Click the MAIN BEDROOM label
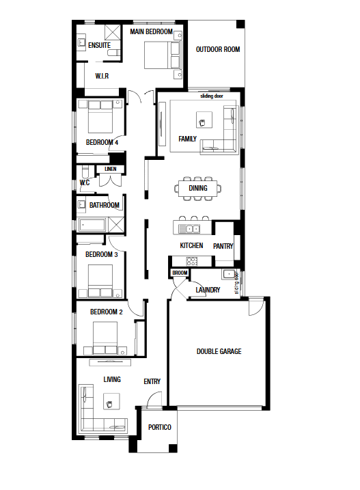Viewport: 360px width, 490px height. coord(151,31)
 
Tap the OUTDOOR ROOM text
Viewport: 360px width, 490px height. coord(218,49)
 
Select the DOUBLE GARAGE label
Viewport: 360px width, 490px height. coord(219,351)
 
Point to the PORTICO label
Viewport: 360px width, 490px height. coord(160,427)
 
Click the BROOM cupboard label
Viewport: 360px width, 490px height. coord(180,273)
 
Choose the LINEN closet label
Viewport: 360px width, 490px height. coord(110,169)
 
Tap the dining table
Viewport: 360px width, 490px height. coord(198,188)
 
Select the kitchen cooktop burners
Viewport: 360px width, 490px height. coord(191,261)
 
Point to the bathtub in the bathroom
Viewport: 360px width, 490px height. coord(92,225)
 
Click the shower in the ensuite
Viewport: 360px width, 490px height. coord(113,32)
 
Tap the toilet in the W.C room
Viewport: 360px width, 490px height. coord(85,172)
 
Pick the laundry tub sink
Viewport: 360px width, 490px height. coord(229,274)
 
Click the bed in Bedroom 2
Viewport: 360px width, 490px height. coord(105,338)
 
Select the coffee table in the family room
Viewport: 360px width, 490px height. coord(204,120)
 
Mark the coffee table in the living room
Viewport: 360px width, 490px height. coord(111,401)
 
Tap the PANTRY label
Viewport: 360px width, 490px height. coord(223,246)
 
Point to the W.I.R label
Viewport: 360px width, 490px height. coord(102,76)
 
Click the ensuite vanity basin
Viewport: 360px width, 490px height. coord(81,43)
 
